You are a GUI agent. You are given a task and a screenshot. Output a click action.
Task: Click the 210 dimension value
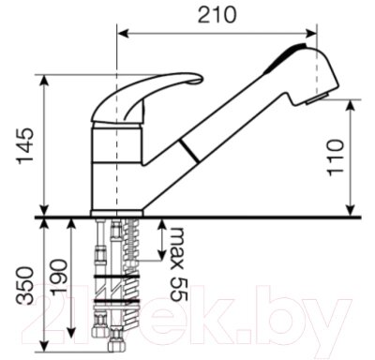pyautogui.click(x=217, y=15)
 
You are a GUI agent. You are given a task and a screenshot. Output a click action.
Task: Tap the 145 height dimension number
pyautogui.click(x=25, y=145)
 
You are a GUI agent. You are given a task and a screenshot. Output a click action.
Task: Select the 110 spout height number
pyautogui.click(x=336, y=157)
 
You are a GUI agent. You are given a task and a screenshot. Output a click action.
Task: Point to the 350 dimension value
pyautogui.click(x=24, y=285)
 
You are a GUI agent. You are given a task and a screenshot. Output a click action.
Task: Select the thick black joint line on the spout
pyautogui.click(x=188, y=151)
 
